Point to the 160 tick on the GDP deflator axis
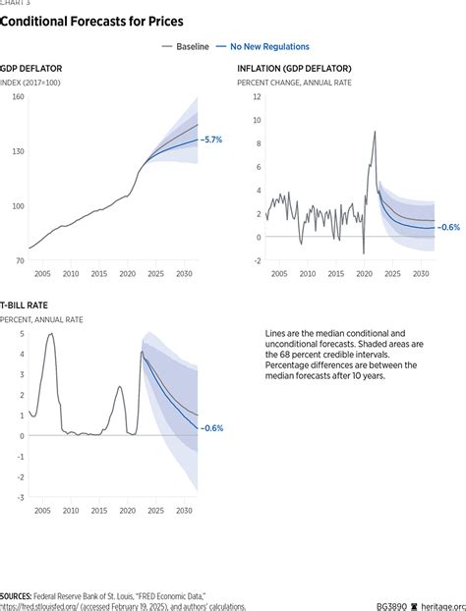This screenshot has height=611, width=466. pyautogui.click(x=18, y=96)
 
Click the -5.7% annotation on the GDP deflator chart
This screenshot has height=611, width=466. pyautogui.click(x=211, y=140)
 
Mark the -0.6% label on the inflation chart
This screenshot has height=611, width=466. pyautogui.click(x=447, y=227)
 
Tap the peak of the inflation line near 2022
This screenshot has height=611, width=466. pyautogui.click(x=375, y=132)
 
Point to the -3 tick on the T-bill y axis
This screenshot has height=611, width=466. pyautogui.click(x=20, y=498)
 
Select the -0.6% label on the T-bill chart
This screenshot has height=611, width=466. pyautogui.click(x=211, y=427)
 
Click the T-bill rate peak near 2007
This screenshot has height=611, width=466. pyautogui.click(x=51, y=334)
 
